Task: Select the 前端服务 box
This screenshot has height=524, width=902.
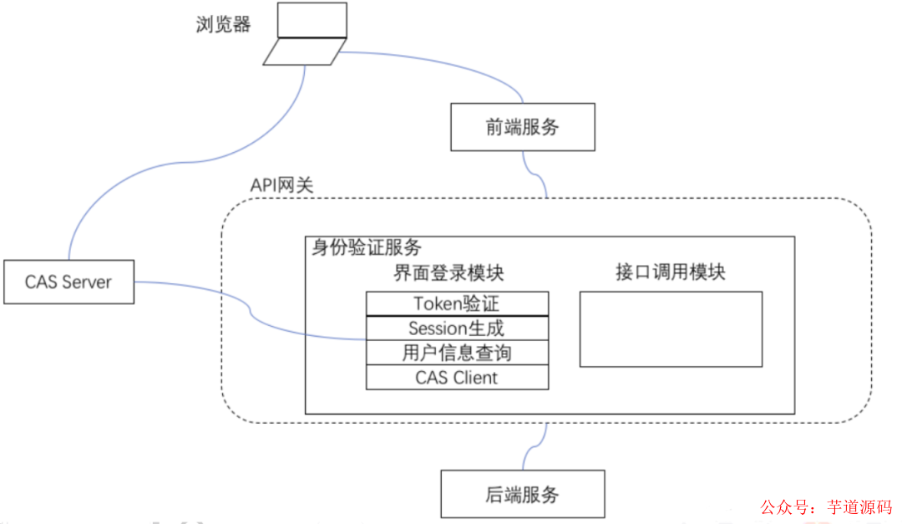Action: pos(523,127)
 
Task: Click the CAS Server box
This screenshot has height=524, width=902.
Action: pos(68,282)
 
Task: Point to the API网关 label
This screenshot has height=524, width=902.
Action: pos(282,186)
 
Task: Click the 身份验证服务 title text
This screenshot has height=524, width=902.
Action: pos(366,247)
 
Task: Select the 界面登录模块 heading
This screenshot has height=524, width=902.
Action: pos(448,273)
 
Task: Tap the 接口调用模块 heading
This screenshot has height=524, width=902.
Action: pos(671,272)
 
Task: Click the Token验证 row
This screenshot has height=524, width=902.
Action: pos(457,303)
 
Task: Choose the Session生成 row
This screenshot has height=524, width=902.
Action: pos(457,328)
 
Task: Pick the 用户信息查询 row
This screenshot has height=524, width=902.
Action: pos(457,353)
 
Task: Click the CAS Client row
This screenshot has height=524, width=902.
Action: pos(457,377)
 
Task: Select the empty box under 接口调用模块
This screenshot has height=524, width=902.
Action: pos(671,328)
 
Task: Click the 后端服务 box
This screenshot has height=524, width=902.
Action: pos(522,494)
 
